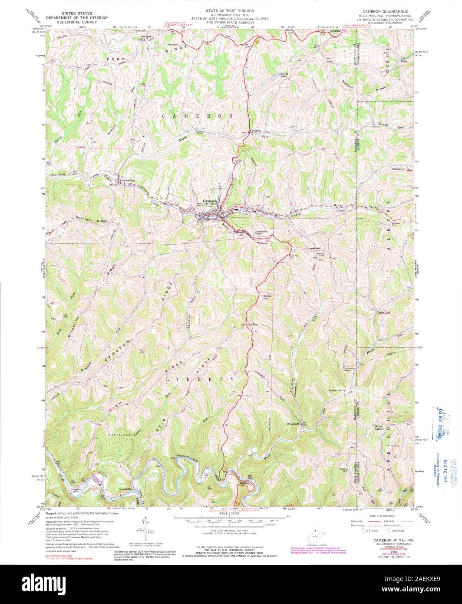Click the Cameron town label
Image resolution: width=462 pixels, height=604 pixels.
pyautogui.click(x=211, y=201)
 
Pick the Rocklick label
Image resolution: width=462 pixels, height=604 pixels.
pyautogui.click(x=337, y=31)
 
